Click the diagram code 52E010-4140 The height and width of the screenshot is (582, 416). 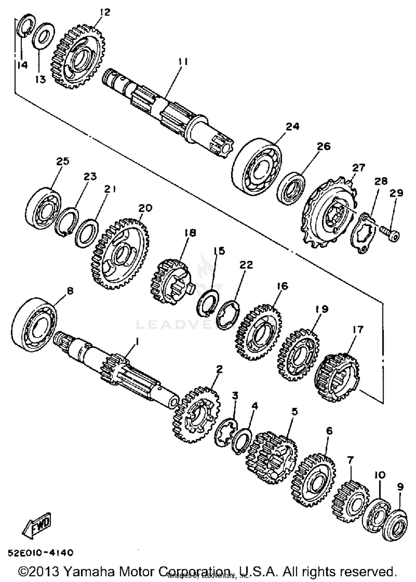(40, 553)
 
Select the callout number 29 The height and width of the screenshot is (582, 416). (396, 193)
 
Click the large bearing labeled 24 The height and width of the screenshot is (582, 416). (256, 169)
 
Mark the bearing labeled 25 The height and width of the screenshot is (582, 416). (43, 208)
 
